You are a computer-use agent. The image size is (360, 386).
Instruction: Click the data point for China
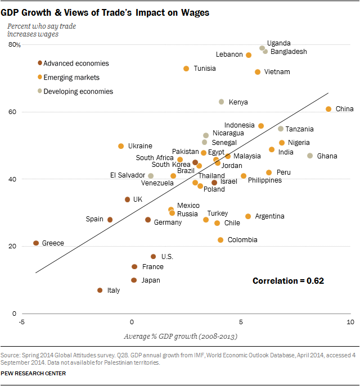(328, 109)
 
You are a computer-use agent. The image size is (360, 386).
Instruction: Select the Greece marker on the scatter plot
(36, 243)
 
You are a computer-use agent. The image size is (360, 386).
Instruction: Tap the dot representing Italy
(100, 290)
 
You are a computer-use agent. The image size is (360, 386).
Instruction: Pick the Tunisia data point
(186, 69)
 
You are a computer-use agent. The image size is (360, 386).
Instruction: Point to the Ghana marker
(310, 156)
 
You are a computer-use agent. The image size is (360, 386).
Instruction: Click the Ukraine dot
(121, 146)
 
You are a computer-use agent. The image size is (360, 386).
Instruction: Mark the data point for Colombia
(220, 240)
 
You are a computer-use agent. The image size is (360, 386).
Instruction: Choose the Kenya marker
(221, 102)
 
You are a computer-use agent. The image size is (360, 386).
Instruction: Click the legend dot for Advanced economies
(39, 63)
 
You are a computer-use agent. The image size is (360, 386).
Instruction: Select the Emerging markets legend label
(71, 78)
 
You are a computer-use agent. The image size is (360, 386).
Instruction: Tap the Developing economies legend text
(78, 92)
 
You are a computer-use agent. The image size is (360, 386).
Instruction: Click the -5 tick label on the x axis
(21, 322)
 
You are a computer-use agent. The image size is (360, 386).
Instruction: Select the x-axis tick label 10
(350, 322)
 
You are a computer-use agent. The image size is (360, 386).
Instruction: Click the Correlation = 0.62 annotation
(288, 280)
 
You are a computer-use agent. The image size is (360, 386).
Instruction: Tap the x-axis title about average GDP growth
(180, 337)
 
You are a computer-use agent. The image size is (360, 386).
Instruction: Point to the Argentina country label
(269, 216)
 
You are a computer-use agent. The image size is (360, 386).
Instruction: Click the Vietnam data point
(258, 72)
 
